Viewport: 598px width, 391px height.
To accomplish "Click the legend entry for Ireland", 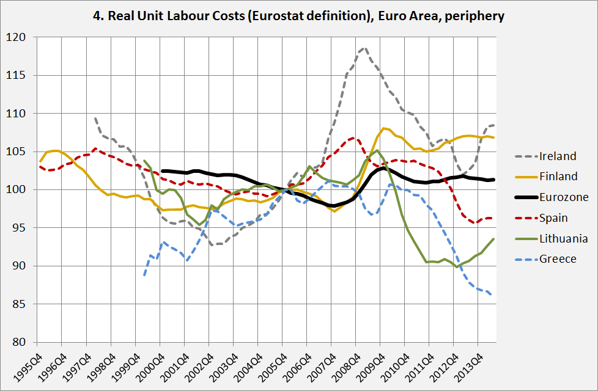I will pyautogui.click(x=558, y=156).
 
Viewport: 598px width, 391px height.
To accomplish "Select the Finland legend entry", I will pyautogui.click(x=558, y=177).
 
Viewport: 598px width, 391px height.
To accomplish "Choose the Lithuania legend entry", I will pyautogui.click(x=563, y=238).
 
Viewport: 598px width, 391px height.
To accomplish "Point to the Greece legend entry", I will pyautogui.click(x=557, y=259).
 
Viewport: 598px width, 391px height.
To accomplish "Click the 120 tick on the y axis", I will pyautogui.click(x=18, y=38).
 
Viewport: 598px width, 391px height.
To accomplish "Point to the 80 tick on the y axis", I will pyautogui.click(x=21, y=342).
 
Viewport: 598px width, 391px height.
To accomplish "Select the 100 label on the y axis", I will pyautogui.click(x=18, y=190).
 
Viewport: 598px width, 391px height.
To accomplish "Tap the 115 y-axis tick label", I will pyautogui.click(x=18, y=76).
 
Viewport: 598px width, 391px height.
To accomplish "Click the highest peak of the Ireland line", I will pyautogui.click(x=364, y=47).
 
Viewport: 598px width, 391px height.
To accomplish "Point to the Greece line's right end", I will pyautogui.click(x=494, y=296).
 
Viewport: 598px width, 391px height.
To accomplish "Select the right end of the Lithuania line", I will pyautogui.click(x=494, y=239).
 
